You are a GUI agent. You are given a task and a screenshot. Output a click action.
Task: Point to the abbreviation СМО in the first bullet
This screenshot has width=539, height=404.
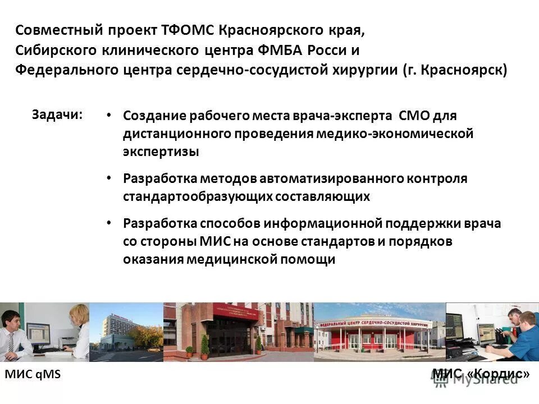(x=414, y=116)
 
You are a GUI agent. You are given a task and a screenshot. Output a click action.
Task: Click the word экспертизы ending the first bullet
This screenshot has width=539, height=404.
(x=161, y=151)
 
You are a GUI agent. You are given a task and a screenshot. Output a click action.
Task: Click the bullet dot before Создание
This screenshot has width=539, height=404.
(x=109, y=116)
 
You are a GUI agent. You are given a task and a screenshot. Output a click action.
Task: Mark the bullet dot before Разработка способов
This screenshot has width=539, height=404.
(x=109, y=223)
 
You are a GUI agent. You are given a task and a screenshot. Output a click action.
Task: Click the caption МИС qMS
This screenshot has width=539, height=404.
(x=32, y=375)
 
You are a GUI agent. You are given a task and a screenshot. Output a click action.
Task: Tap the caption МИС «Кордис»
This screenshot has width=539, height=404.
(x=481, y=373)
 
